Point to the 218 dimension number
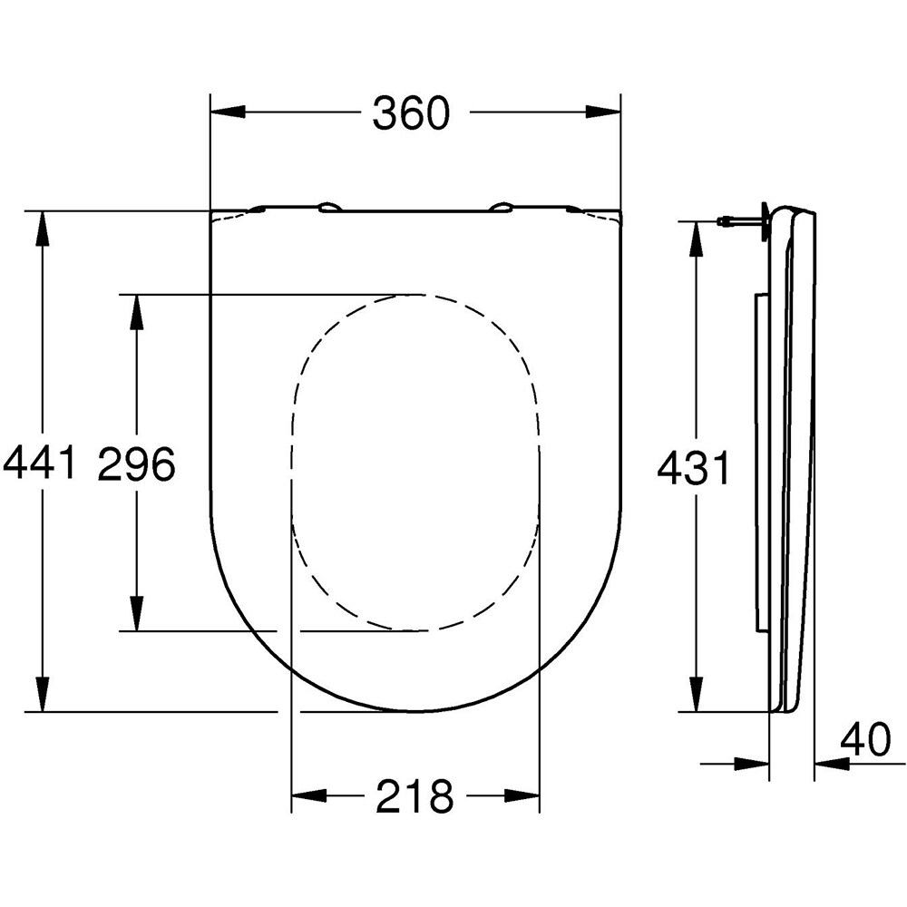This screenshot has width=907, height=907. point(415,796)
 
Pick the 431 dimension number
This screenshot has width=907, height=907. point(693,470)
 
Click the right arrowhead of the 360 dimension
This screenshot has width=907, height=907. point(603,112)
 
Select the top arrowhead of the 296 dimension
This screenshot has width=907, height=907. point(136,312)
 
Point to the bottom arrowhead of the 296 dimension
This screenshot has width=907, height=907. point(136,612)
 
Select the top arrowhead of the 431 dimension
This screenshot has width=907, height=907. point(696,239)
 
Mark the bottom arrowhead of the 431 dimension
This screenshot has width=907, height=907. point(696,694)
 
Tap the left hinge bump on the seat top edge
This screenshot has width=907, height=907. point(330,208)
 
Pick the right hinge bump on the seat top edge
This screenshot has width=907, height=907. point(501,208)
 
